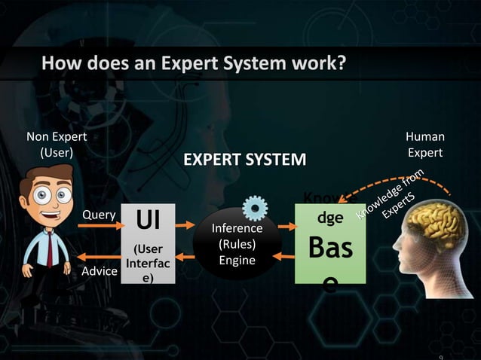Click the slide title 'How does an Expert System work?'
pyautogui.click(x=194, y=63)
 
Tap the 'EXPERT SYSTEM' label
pyautogui.click(x=246, y=160)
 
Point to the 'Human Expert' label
pyautogui.click(x=425, y=144)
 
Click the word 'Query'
pyautogui.click(x=99, y=215)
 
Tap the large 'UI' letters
pyautogui.click(x=147, y=222)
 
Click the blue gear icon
pyautogui.click(x=255, y=207)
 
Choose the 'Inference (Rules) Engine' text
pyautogui.click(x=237, y=244)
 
